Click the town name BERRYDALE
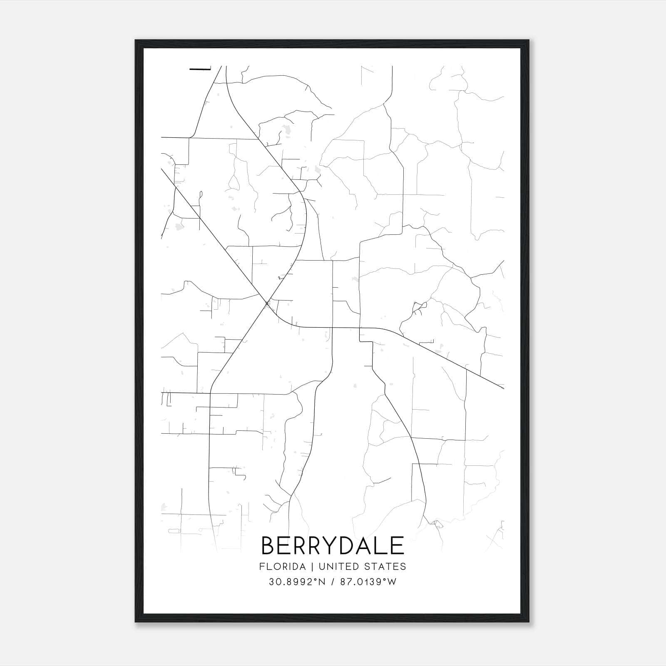[x=333, y=545]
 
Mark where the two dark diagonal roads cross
[x=267, y=303]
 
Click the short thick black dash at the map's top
[x=200, y=69]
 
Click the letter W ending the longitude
[x=392, y=582]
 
